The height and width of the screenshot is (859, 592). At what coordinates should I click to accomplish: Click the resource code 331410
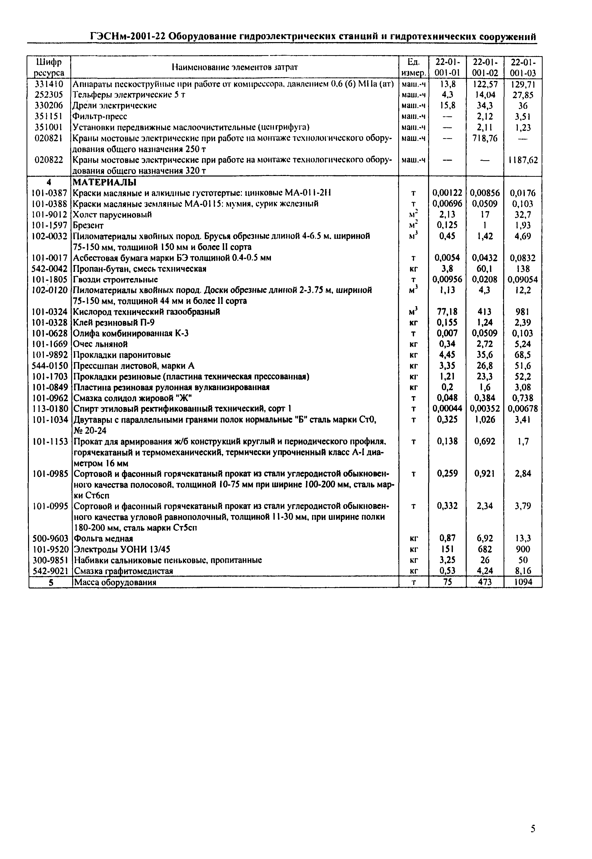click(x=49, y=84)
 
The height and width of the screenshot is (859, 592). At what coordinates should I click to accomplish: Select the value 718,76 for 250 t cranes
click(x=484, y=138)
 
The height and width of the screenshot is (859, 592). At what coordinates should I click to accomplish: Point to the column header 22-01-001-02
click(x=484, y=67)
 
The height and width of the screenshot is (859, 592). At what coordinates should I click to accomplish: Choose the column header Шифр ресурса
click(x=49, y=67)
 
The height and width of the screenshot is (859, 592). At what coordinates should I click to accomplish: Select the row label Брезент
click(x=88, y=225)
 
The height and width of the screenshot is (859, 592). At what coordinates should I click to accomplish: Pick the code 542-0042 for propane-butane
click(x=50, y=269)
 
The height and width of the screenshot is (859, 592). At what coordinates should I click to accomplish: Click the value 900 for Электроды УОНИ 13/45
click(x=523, y=549)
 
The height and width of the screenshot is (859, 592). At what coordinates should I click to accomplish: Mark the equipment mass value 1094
click(x=523, y=582)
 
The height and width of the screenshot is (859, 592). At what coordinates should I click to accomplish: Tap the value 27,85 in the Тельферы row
click(x=523, y=95)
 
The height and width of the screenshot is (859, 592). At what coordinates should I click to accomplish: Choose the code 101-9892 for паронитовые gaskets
click(x=50, y=355)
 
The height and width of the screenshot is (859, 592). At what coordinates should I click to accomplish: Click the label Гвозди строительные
click(x=115, y=279)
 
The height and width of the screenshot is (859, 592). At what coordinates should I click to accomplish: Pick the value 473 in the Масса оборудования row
click(x=484, y=582)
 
